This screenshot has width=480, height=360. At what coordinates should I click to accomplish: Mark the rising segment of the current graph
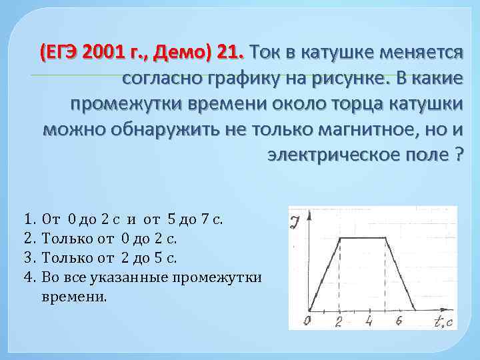click(324, 273)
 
